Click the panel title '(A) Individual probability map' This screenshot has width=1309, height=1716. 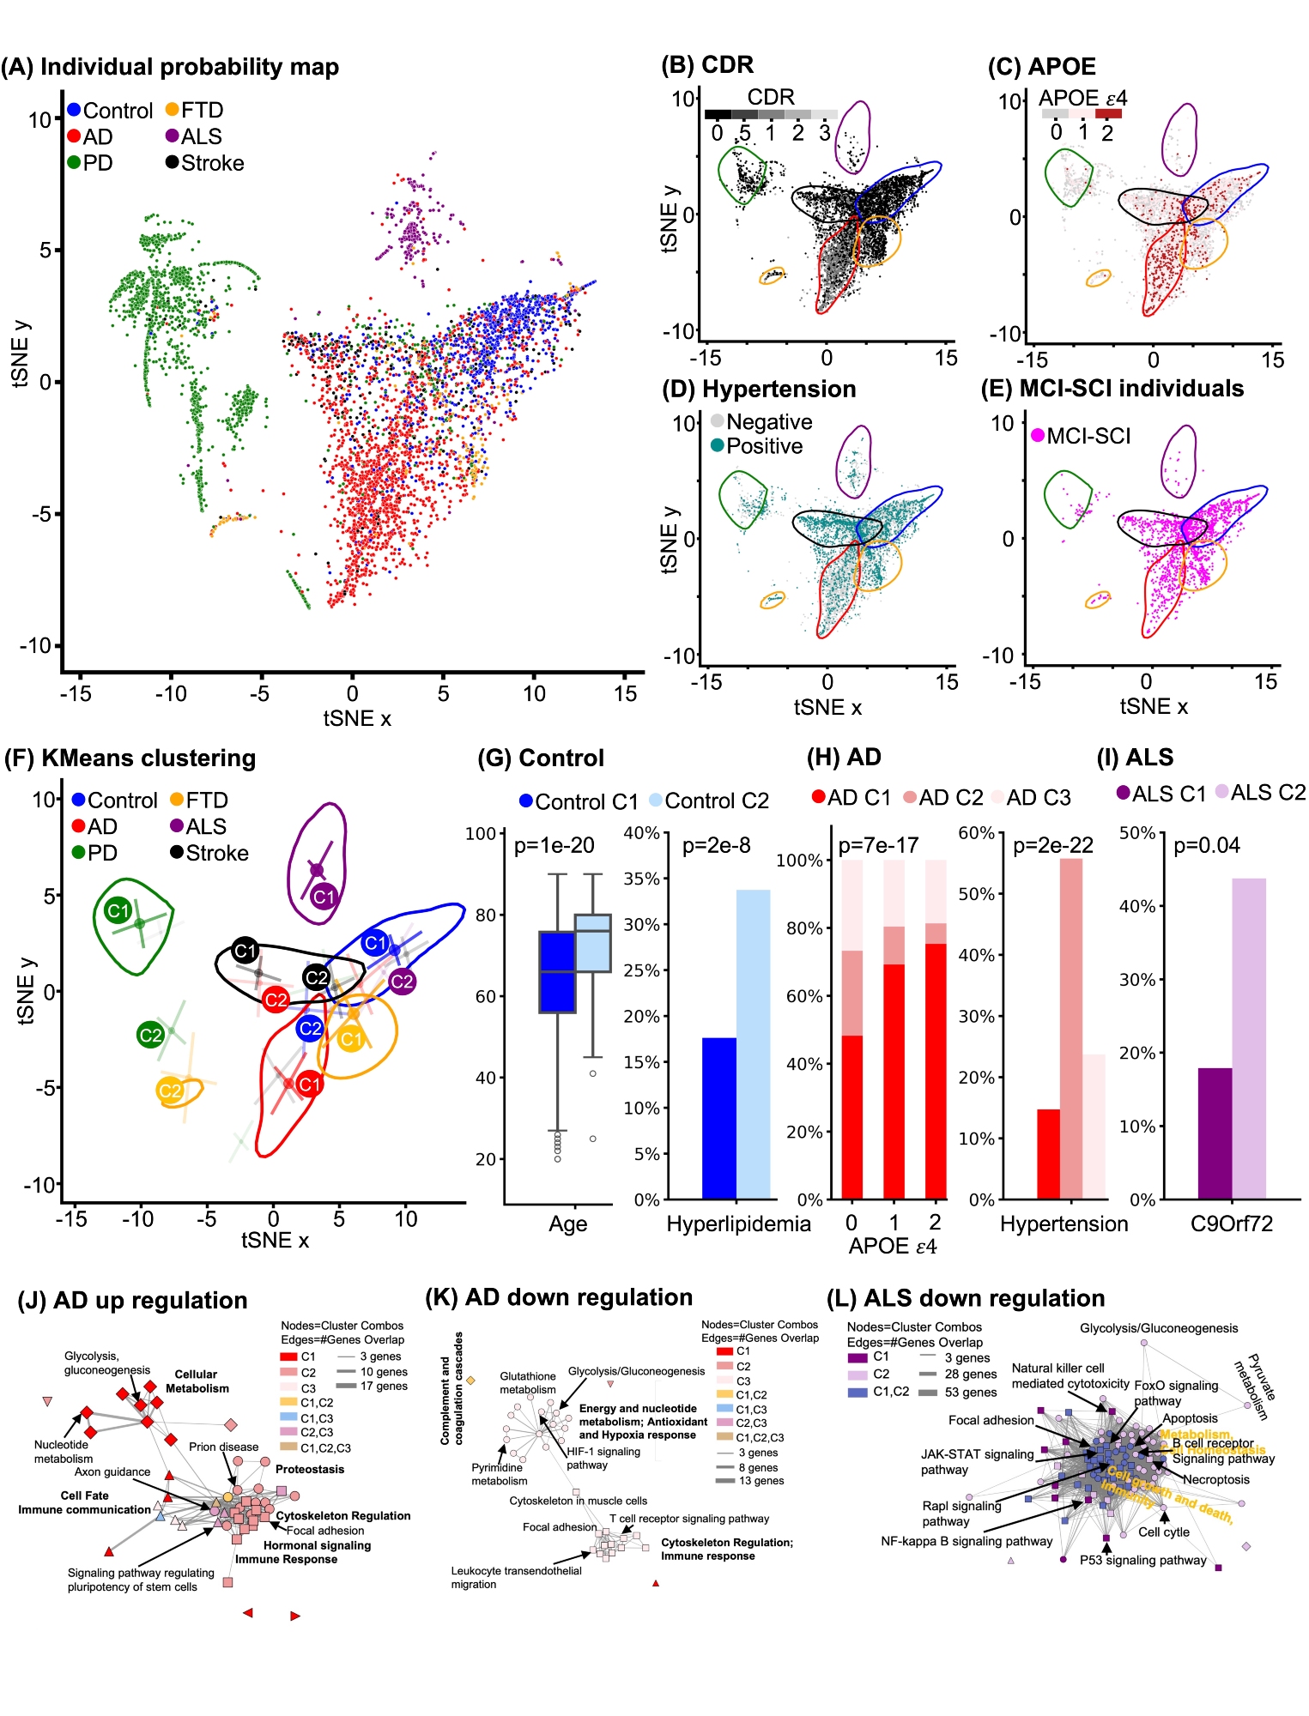170,67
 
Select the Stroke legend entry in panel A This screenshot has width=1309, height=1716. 205,163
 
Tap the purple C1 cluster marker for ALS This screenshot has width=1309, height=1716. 324,897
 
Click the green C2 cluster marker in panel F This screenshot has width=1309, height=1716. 150,1035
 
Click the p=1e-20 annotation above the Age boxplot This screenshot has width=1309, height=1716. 555,846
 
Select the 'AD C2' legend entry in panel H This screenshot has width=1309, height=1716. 943,798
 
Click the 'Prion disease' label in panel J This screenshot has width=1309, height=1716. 223,1447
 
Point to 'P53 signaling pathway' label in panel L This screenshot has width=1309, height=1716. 1142,1560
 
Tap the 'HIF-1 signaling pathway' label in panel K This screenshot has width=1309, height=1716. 603,1458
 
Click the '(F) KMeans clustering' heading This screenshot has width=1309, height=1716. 130,758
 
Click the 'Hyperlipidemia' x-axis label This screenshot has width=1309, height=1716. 738,1224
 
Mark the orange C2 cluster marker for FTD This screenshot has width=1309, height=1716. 170,1091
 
